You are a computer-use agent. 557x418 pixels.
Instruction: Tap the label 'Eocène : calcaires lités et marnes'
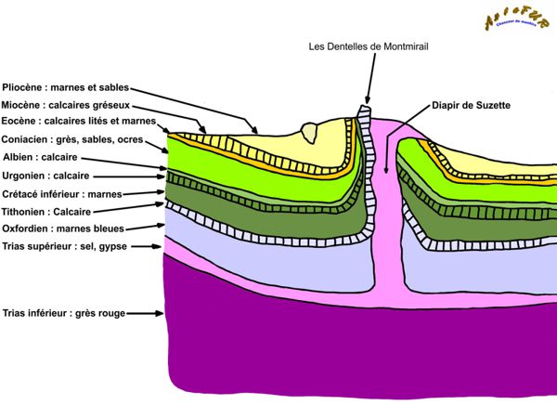click(80, 122)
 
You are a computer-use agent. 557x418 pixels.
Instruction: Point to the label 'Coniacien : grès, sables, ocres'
click(72, 139)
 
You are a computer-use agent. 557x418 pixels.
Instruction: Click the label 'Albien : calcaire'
click(41, 157)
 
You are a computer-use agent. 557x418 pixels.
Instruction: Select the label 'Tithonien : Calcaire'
click(49, 211)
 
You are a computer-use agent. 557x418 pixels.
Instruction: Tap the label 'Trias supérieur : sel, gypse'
click(64, 246)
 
